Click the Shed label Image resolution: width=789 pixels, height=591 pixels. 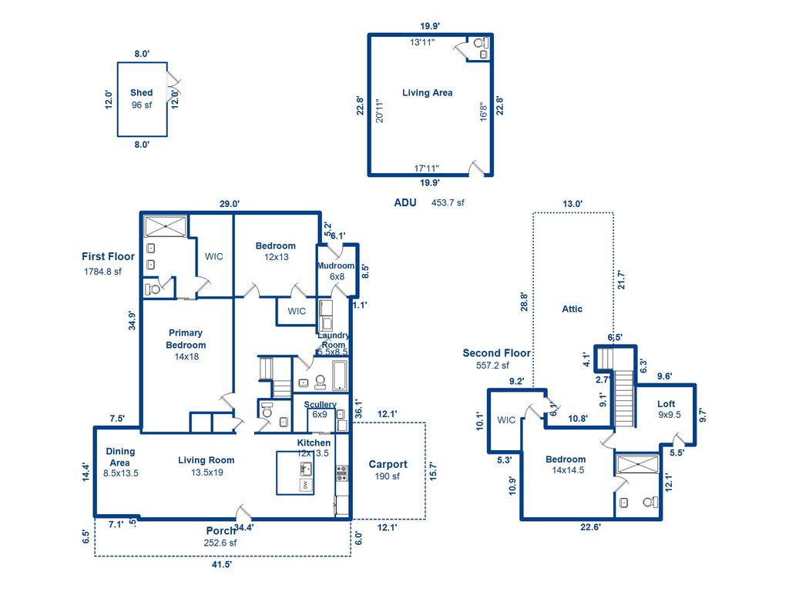click(x=141, y=92)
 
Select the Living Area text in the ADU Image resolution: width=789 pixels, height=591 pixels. click(x=427, y=92)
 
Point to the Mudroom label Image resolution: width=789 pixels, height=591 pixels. click(x=336, y=266)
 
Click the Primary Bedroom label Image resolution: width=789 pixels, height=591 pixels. click(x=186, y=339)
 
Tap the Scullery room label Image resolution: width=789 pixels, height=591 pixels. click(x=320, y=405)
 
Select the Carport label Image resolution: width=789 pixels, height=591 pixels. click(x=388, y=464)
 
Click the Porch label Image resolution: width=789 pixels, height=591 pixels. click(x=220, y=531)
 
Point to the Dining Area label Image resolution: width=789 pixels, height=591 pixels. click(x=120, y=457)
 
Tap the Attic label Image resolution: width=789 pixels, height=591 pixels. click(x=572, y=309)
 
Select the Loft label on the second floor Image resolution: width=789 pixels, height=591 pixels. click(x=666, y=404)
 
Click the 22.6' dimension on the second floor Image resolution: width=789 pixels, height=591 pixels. click(x=590, y=527)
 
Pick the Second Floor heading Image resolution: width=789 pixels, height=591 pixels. click(x=496, y=353)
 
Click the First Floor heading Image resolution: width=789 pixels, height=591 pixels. click(x=108, y=256)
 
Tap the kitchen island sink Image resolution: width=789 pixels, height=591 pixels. click(x=305, y=469)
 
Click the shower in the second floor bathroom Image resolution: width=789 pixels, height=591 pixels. click(x=637, y=464)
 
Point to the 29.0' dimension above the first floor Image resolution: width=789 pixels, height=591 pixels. click(x=229, y=204)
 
